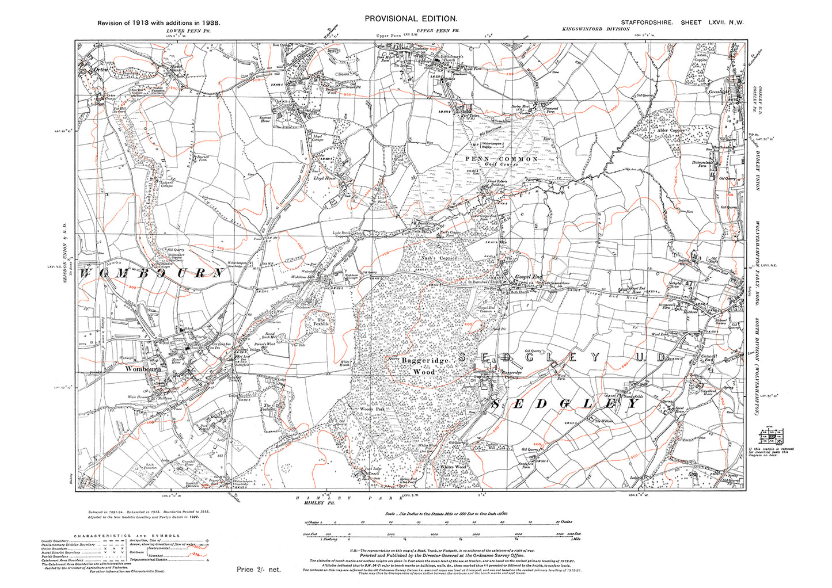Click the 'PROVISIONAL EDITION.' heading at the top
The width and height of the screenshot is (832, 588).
[411, 18]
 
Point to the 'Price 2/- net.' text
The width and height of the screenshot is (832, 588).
[259, 569]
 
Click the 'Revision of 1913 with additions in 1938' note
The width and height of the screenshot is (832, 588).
[158, 23]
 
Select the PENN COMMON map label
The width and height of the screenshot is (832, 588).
[502, 159]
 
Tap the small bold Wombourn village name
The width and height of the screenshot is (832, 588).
[143, 369]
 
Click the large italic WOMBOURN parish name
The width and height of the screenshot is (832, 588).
[151, 273]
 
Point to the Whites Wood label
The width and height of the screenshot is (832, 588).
[452, 467]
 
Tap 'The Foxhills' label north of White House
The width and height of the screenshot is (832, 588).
[320, 322]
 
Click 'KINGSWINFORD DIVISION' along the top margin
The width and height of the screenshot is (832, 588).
[596, 29]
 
